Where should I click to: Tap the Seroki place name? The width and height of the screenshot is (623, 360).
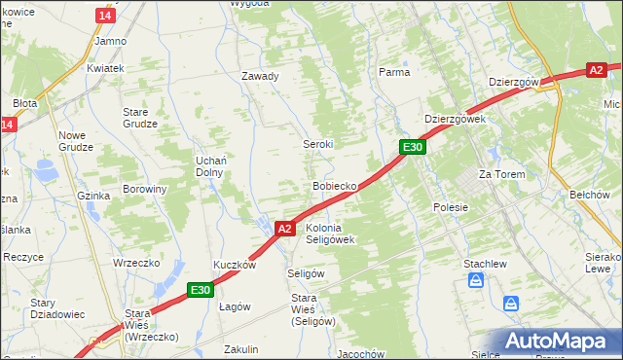(x=317, y=143)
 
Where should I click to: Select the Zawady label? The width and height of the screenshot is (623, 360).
(x=261, y=76)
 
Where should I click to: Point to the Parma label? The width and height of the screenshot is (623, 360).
(x=394, y=72)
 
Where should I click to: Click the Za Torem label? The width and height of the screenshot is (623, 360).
(x=501, y=174)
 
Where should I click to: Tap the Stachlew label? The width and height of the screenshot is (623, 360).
(x=483, y=263)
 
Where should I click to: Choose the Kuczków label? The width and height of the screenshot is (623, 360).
(x=235, y=265)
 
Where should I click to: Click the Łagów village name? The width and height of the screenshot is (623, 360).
(x=235, y=306)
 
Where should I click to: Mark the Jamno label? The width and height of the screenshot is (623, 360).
(x=110, y=41)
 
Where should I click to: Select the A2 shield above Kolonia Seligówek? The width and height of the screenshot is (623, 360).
(x=284, y=229)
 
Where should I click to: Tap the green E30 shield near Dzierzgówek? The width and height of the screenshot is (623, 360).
(x=413, y=147)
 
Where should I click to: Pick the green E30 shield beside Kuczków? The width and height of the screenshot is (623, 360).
(x=201, y=289)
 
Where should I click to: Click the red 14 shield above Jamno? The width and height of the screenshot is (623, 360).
(x=106, y=16)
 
